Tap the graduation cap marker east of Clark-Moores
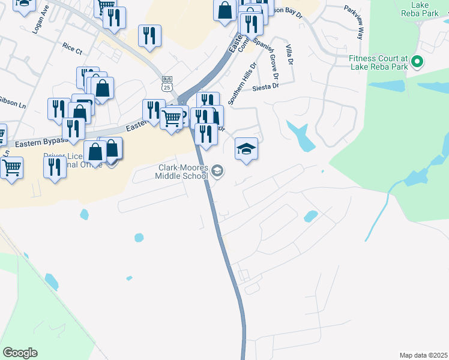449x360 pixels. tap(246, 148)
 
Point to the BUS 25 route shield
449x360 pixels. tap(167, 83)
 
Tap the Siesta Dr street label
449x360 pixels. tap(266, 86)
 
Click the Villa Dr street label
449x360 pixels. tap(289, 56)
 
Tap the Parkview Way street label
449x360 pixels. tap(354, 23)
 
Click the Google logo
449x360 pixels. tap(20, 353)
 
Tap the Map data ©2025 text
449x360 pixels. tap(423, 355)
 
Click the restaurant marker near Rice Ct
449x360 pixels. tap(150, 35)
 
